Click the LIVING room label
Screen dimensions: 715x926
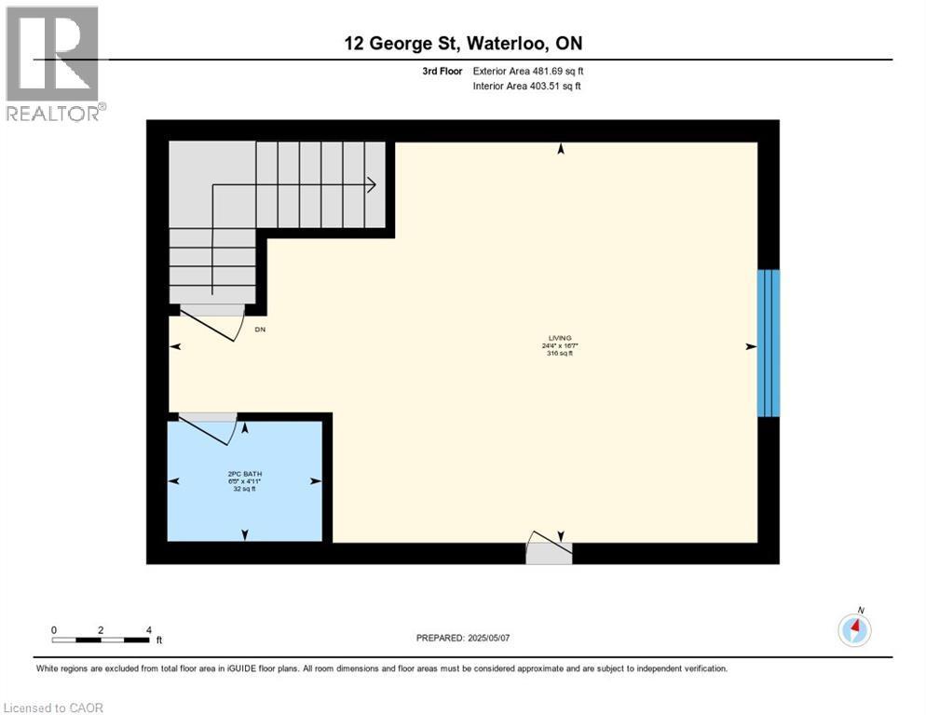(560, 338)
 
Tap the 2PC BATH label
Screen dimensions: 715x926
(243, 474)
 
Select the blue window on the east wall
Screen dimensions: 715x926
(768, 343)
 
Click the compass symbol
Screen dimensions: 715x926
(854, 630)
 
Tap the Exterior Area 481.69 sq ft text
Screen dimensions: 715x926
(528, 71)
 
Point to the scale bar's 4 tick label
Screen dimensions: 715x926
(149, 630)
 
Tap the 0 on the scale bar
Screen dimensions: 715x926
(54, 630)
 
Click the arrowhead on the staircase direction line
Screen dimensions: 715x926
(371, 185)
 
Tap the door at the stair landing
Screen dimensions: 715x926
(211, 321)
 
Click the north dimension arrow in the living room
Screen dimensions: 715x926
(561, 148)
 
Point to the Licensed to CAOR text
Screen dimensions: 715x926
(52, 708)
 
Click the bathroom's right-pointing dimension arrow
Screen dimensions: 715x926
(316, 481)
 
